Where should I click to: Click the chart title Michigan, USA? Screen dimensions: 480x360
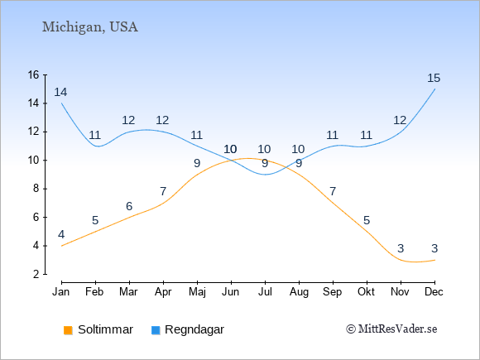coord(90,27)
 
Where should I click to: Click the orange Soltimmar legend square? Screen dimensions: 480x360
coord(68,330)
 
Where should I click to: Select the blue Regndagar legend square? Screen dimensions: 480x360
coord(156,330)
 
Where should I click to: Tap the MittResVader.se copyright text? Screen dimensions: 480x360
coord(391,329)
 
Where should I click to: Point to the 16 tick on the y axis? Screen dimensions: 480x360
coord(45,74)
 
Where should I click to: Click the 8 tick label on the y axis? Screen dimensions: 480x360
coord(36,188)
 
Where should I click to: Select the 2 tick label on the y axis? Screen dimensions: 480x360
coord(36,274)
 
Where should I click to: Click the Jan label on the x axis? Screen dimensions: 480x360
coord(61,292)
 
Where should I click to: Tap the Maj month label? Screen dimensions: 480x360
coord(197,292)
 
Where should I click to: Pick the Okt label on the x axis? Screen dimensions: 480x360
coord(366,292)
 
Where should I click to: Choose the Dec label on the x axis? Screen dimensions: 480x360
coord(434,292)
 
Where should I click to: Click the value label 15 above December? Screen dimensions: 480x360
coord(434,78)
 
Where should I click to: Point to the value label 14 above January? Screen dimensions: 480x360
coord(60,92)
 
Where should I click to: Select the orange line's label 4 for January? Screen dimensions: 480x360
coord(61,235)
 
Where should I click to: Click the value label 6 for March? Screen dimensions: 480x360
coord(129,206)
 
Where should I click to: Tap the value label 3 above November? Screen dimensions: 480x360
coord(401,248)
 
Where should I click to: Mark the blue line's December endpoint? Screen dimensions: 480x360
coord(434,89)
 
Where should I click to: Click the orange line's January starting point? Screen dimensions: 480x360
coord(62,246)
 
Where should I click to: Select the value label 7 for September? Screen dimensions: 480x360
coord(333,192)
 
